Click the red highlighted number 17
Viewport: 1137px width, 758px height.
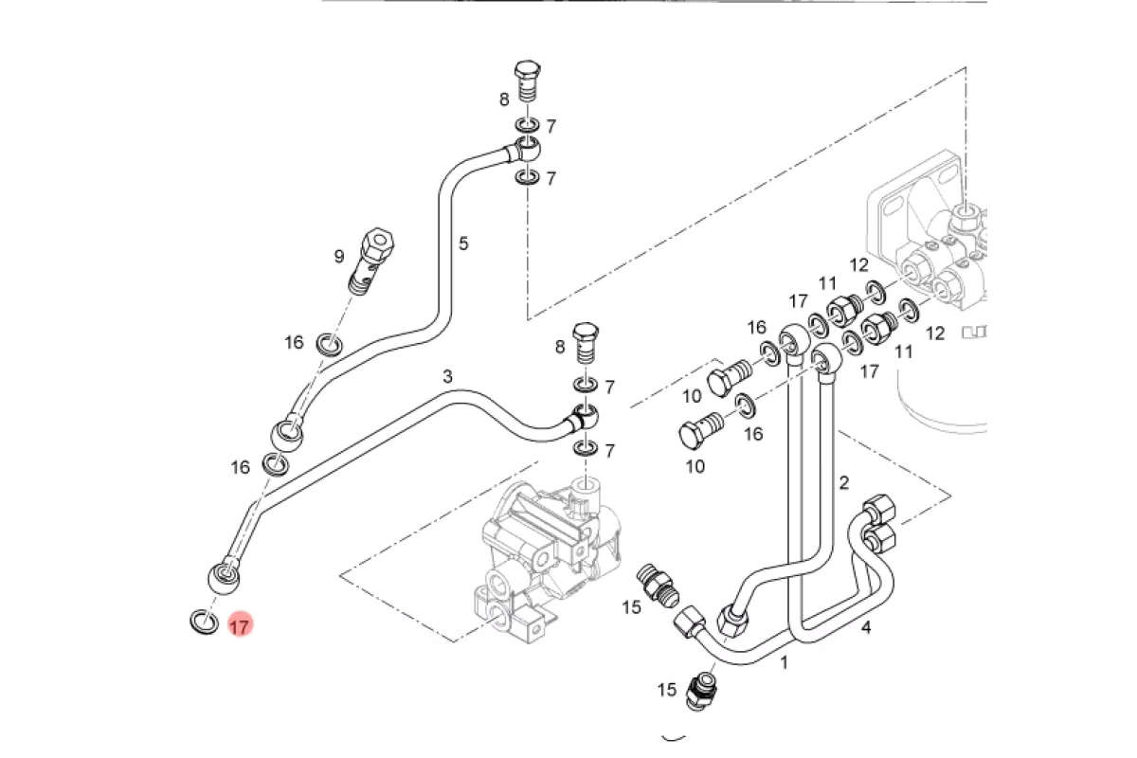[x=240, y=626]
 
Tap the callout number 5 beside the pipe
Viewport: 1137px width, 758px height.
[x=463, y=244]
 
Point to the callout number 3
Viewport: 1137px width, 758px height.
[x=447, y=377]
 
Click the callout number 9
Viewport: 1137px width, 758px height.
[x=339, y=257]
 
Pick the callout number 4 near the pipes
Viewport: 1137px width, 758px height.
[x=866, y=628]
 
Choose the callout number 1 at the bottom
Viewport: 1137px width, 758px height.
[x=784, y=662]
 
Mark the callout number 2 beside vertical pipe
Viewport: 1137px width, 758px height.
[x=843, y=483]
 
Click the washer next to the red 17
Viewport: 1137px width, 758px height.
[x=204, y=622]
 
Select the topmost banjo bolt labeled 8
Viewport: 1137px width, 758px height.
[x=528, y=82]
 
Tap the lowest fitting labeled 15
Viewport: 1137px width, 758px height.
[x=700, y=692]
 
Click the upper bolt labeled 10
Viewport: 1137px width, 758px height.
[x=730, y=378]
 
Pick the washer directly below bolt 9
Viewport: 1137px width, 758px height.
[x=330, y=345]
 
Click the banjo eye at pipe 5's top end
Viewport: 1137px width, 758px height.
[x=528, y=150]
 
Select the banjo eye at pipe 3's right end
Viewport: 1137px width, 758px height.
[x=585, y=418]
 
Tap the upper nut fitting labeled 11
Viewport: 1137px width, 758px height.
[x=843, y=311]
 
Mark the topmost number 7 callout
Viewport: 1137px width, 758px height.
[x=551, y=126]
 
